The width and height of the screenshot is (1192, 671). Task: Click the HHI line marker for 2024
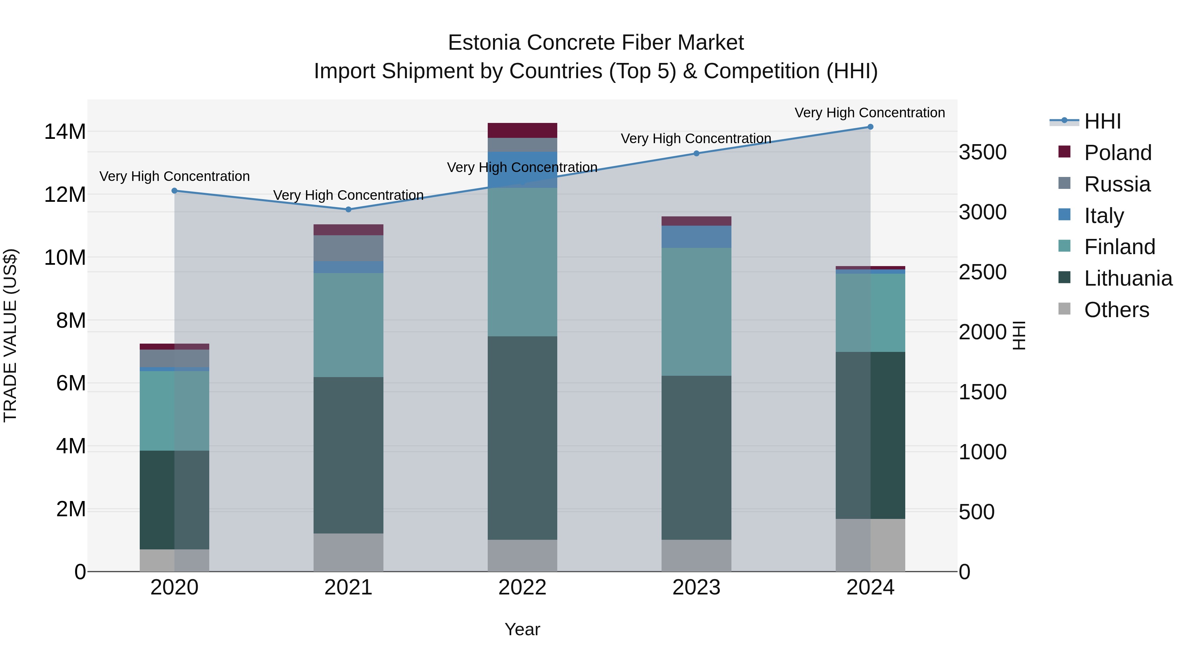(x=870, y=127)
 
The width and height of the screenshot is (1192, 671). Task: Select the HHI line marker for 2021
(x=348, y=209)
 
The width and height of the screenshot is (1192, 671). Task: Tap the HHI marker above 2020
(x=174, y=191)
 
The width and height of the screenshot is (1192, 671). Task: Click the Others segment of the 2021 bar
(x=348, y=552)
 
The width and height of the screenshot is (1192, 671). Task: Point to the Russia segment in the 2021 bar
(x=348, y=248)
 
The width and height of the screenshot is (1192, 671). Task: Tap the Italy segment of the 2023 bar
(x=696, y=237)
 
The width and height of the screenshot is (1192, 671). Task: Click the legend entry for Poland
(x=1117, y=153)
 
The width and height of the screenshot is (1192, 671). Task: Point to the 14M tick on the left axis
(x=65, y=132)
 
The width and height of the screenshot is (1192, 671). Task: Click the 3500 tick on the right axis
(x=982, y=152)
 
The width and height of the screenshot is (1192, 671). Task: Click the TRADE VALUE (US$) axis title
(x=10, y=335)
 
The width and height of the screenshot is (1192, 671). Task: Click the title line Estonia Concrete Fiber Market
(x=596, y=43)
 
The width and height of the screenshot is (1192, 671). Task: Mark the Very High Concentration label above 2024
(x=869, y=113)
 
